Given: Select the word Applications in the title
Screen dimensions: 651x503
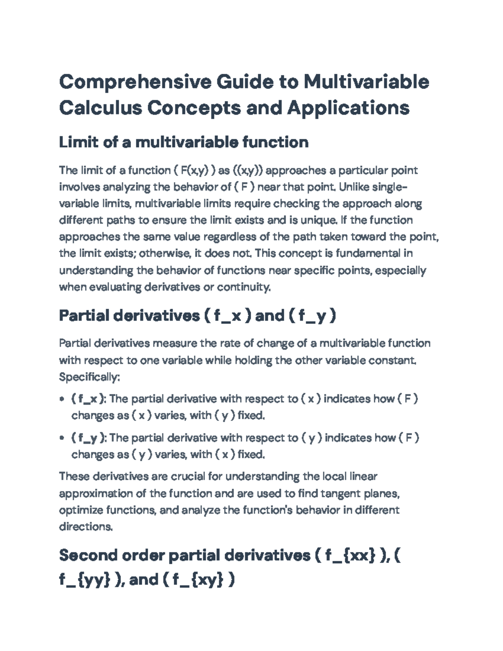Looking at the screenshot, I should point(348,108).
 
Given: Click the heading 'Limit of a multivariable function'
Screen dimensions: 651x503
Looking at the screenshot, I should point(184,143).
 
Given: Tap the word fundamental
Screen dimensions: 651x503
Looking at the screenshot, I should point(368,254).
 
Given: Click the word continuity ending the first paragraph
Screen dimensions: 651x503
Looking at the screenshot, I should point(244,287).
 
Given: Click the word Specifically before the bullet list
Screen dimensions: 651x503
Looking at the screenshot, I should point(89,377).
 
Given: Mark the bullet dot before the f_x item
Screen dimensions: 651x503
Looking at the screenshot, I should point(62,399).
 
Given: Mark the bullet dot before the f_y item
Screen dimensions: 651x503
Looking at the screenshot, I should point(62,438).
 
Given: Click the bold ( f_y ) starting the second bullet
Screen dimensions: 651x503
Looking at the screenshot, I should point(89,438).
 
